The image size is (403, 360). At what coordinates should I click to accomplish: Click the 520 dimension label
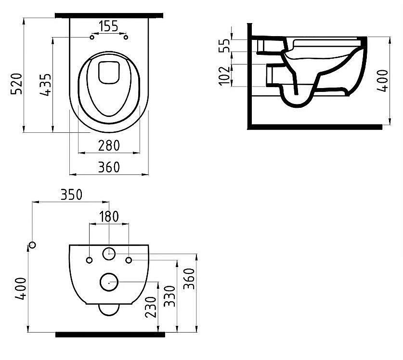[16, 85]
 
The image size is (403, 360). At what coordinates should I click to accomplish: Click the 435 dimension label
[44, 85]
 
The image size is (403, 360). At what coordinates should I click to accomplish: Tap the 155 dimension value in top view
[109, 26]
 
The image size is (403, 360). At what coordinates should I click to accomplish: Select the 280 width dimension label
[109, 144]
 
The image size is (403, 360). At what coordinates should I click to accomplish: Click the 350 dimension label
[71, 194]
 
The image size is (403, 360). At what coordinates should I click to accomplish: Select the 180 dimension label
[109, 217]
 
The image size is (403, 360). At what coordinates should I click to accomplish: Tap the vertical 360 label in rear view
[189, 279]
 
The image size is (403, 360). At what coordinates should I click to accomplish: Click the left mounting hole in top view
[91, 37]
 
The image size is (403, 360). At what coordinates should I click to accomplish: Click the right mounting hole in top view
[126, 37]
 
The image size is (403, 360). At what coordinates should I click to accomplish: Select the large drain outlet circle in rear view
[110, 282]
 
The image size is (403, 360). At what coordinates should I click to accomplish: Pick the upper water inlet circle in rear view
[110, 252]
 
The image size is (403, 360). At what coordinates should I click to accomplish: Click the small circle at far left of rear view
[32, 245]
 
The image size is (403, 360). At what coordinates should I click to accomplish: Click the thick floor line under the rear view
[110, 334]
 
